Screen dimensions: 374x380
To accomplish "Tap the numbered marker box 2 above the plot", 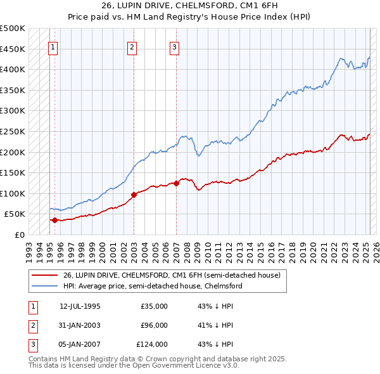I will pos(132,46).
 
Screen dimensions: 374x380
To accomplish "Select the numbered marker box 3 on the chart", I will pos(174,46).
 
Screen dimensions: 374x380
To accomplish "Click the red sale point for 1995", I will pos(54,221).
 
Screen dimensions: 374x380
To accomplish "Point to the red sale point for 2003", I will pos(134,195).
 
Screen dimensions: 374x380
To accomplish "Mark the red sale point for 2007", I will pos(175,184).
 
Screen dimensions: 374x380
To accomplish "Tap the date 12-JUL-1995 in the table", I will pos(80,306).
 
